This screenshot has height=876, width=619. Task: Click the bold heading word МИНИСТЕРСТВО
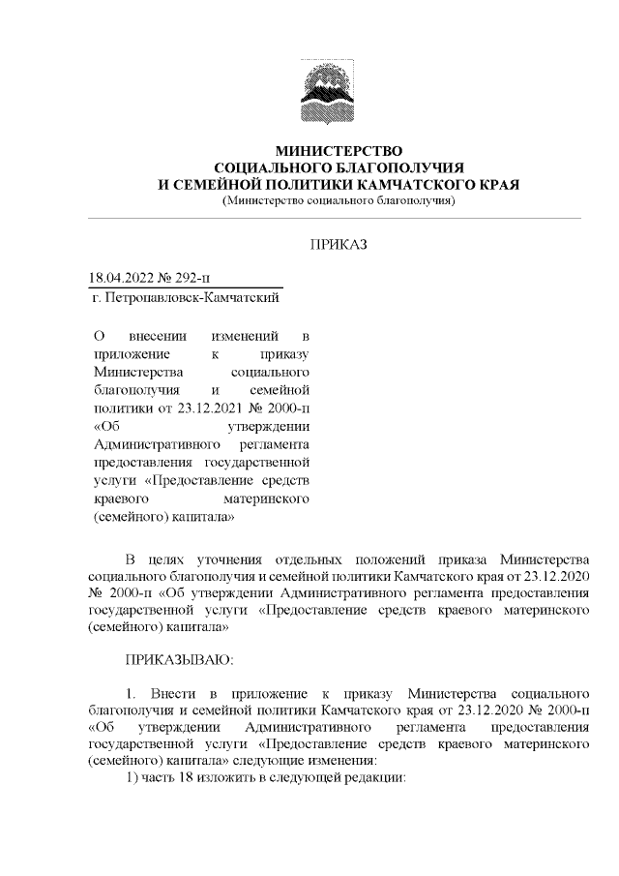[x=338, y=151]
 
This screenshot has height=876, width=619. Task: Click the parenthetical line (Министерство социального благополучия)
[x=338, y=200]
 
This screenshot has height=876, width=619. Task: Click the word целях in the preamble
[x=178, y=559]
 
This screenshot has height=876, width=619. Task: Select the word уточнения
[x=250, y=559]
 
